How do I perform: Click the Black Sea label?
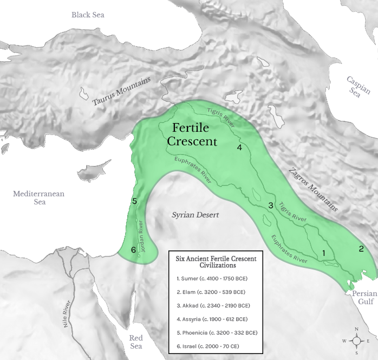[88, 14]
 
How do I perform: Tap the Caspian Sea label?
[358, 87]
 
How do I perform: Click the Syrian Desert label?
[195, 215]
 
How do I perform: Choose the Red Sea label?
[136, 342]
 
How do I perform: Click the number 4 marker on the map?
[239, 147]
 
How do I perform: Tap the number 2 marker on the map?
[361, 249]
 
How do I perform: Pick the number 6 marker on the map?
[133, 250]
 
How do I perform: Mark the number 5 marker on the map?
[134, 202]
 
